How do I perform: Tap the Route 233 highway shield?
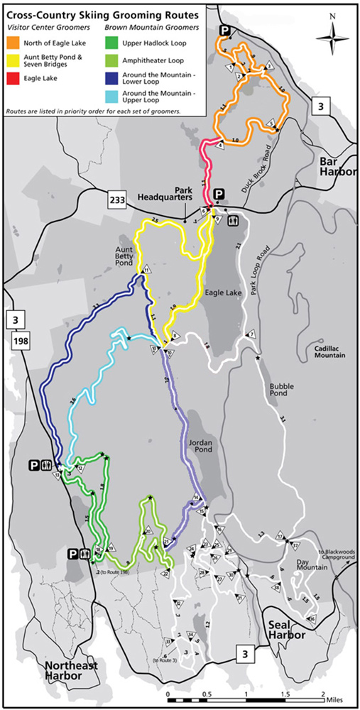click(x=118, y=200)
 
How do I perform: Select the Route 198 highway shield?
click(x=15, y=344)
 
